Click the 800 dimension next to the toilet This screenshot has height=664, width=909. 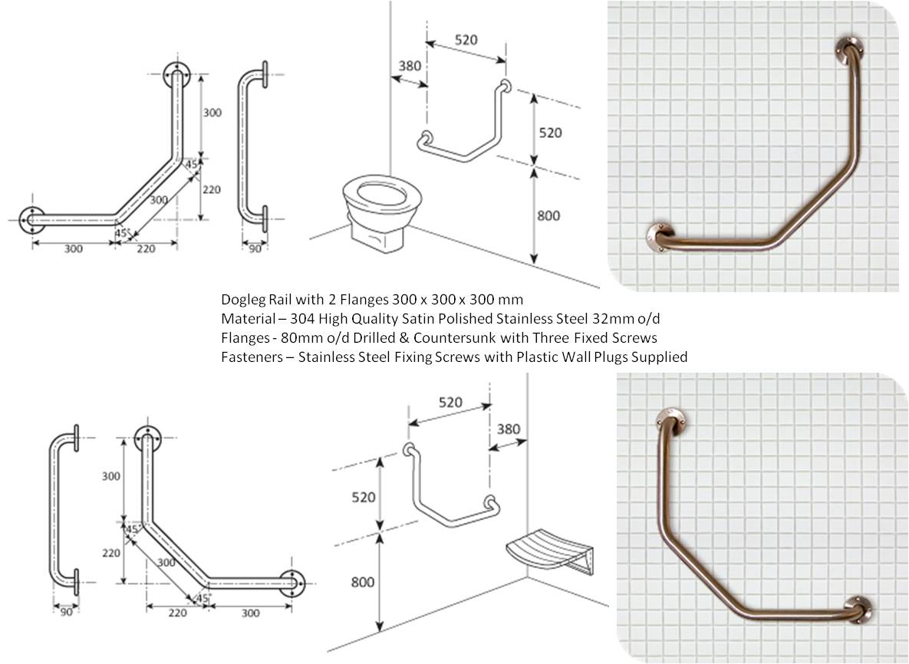point(548,216)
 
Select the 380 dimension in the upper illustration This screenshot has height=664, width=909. point(410,66)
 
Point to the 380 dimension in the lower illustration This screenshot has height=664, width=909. point(509,429)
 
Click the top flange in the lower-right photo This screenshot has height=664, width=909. point(670,419)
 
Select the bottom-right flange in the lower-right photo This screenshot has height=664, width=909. point(858,610)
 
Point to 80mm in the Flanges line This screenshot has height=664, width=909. point(291,337)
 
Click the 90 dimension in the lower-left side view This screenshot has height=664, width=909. point(65,611)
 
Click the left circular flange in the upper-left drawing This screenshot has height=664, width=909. point(31,219)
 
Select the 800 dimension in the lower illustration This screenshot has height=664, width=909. point(362,582)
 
